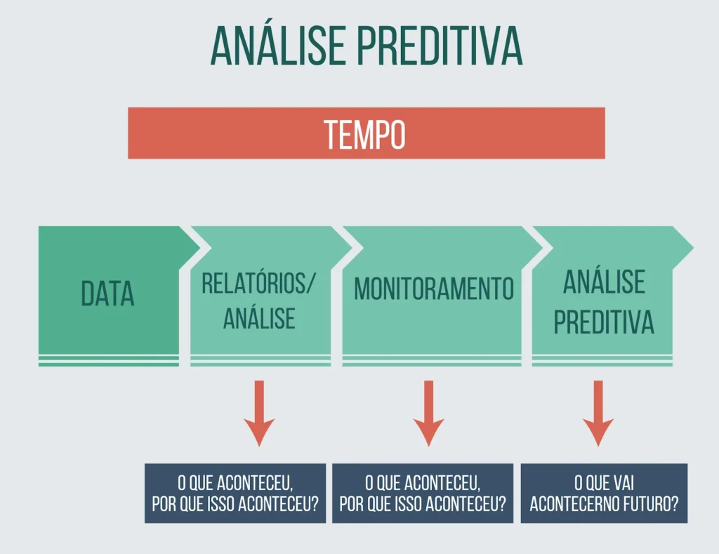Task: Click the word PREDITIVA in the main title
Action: [440, 46]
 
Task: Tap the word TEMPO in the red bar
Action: [365, 134]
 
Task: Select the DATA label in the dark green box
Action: [107, 294]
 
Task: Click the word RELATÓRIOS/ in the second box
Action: [259, 284]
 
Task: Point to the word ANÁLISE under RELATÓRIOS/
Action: [259, 318]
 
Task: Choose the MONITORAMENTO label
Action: [434, 289]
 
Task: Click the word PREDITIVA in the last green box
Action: [604, 322]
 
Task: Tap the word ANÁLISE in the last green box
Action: [604, 282]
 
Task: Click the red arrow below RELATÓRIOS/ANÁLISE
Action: [259, 413]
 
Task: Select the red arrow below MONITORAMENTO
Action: [429, 413]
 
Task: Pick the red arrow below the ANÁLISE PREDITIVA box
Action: [598, 413]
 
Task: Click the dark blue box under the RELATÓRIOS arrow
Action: [235, 494]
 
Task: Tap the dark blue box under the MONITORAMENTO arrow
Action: [423, 494]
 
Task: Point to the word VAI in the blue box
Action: [624, 483]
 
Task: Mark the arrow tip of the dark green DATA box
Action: [200, 248]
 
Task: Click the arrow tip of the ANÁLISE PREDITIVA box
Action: [693, 248]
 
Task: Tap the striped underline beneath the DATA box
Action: [109, 361]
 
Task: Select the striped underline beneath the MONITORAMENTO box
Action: [432, 361]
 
